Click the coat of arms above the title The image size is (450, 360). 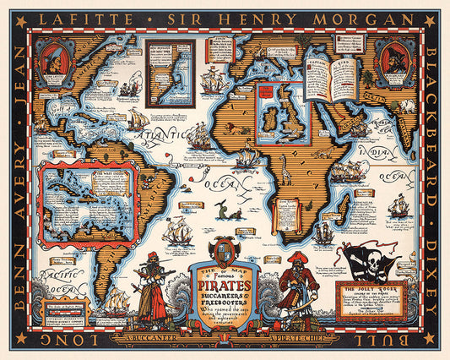(x=225, y=250)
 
